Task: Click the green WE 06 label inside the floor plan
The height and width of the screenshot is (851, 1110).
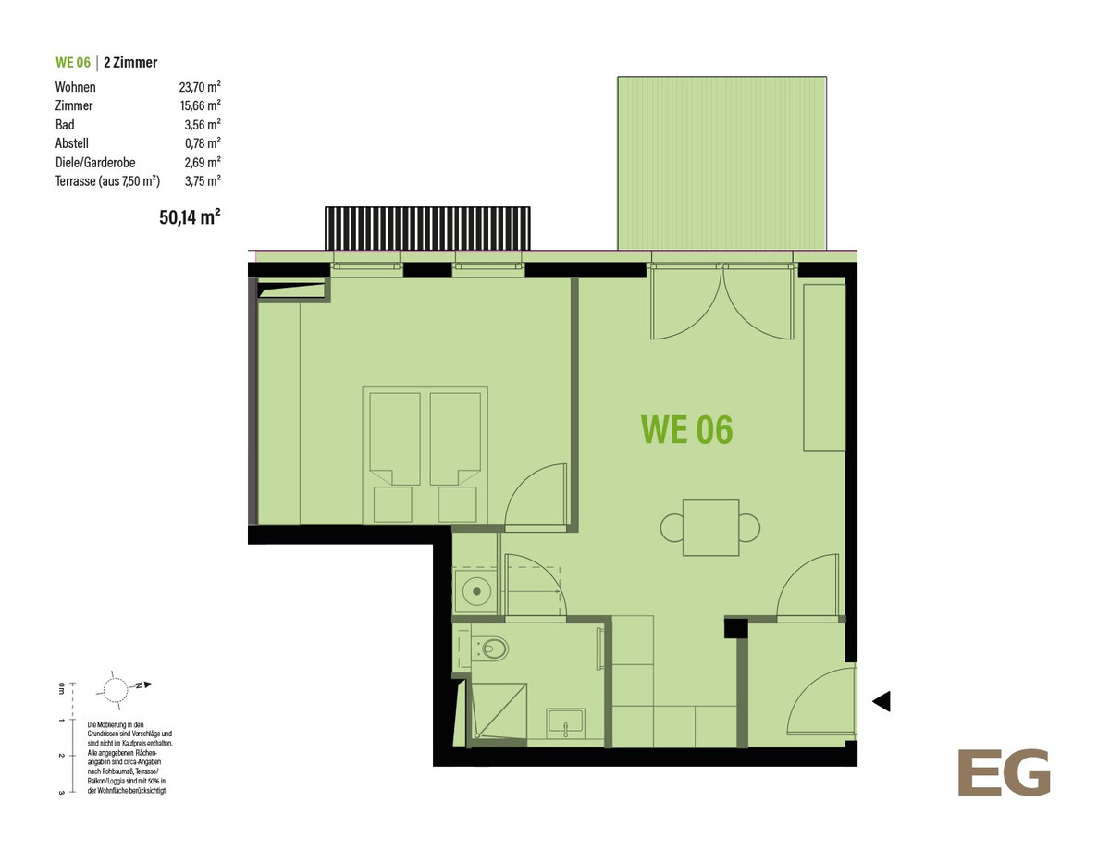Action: pos(686,429)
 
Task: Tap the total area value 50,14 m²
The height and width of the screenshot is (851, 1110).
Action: pos(190,217)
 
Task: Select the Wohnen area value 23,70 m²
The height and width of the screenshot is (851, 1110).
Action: pos(200,87)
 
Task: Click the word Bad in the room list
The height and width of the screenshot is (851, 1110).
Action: pos(65,125)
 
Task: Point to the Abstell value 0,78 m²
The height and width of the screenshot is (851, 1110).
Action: pos(203,143)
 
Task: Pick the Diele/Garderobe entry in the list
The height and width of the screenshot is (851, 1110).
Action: pos(95,163)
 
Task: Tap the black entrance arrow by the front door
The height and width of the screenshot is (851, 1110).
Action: pos(882,701)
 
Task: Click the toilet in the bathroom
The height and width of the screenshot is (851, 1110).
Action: pos(491,648)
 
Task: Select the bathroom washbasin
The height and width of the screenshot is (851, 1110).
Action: pos(565,722)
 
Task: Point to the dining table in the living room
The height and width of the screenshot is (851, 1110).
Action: pos(710,527)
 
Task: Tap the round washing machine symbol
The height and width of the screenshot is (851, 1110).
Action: pos(476,591)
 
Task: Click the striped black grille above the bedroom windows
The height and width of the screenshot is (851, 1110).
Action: pos(427,228)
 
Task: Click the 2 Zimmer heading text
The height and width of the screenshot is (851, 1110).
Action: pos(130,62)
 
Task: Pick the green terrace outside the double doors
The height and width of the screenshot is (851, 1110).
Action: pos(721,163)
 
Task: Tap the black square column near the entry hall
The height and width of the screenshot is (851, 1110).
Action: pos(736,628)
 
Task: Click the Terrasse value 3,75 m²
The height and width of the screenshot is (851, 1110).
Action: pos(203,180)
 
